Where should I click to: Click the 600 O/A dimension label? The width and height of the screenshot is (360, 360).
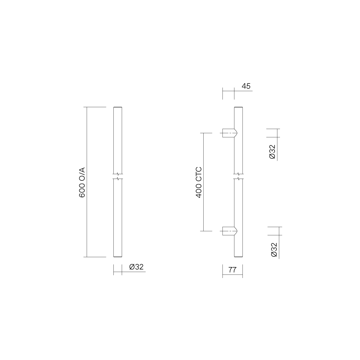pyautogui.click(x=82, y=182)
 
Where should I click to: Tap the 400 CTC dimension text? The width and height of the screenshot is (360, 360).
pyautogui.click(x=199, y=182)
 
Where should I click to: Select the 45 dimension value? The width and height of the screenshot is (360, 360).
pyautogui.click(x=246, y=86)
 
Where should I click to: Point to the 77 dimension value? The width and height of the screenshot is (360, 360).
pyautogui.click(x=232, y=270)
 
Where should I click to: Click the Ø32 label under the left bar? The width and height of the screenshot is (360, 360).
pyautogui.click(x=136, y=267)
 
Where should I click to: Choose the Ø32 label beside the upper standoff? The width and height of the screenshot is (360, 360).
pyautogui.click(x=272, y=152)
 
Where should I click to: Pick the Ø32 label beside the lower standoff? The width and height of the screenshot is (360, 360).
pyautogui.click(x=274, y=250)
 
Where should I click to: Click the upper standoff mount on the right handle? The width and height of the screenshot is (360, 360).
pyautogui.click(x=230, y=133)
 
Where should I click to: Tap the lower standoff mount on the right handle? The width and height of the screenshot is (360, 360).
pyautogui.click(x=230, y=231)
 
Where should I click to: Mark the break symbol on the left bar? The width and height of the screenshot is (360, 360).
pyautogui.click(x=118, y=176)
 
